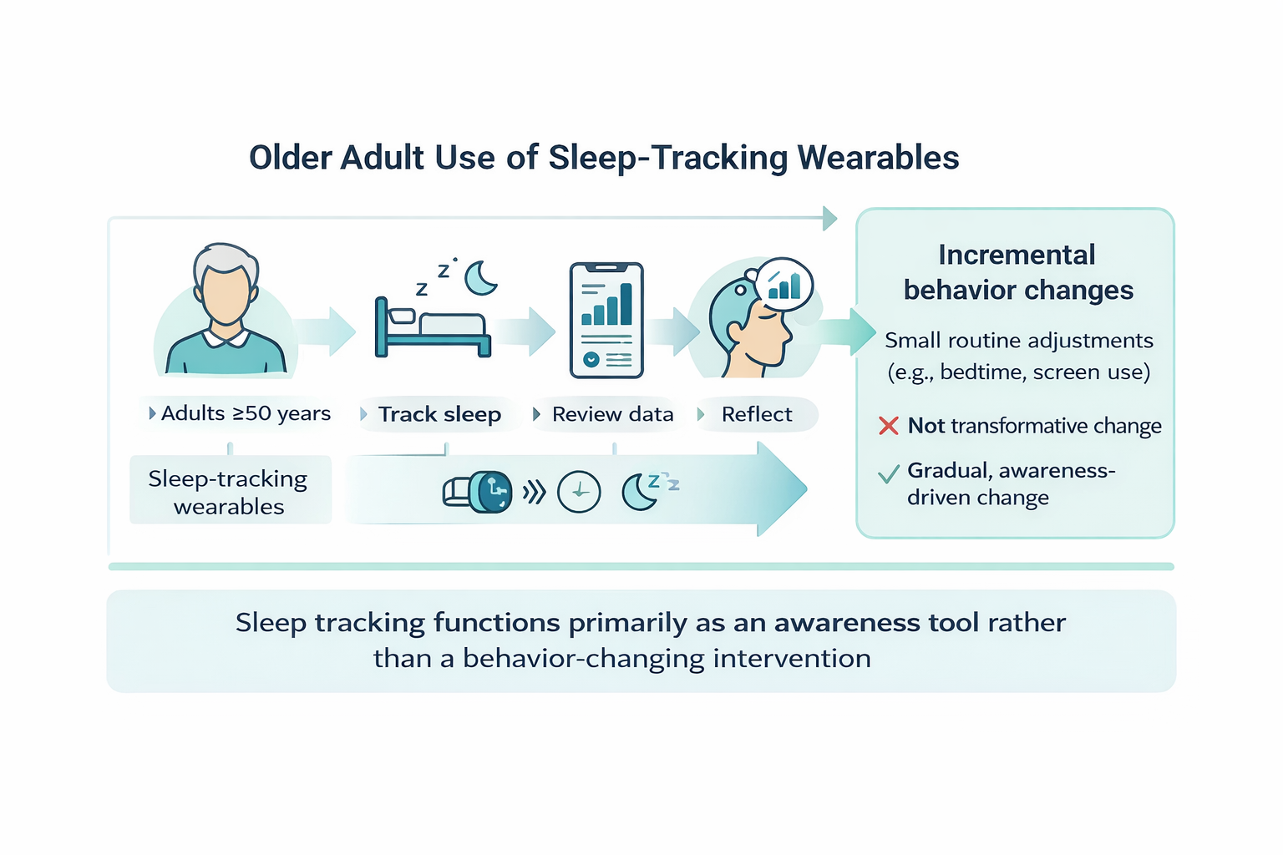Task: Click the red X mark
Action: point(889,426)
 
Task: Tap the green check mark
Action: point(889,473)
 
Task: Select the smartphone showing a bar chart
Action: point(606,320)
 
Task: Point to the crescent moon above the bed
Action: point(479,278)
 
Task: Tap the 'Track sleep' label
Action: point(439,414)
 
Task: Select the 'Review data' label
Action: point(612,414)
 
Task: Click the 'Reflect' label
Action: point(757,414)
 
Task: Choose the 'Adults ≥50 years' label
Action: point(246,413)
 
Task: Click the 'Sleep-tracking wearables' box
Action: point(231,490)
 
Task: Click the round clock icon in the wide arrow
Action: point(579,491)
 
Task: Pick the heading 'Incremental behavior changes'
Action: point(1017,272)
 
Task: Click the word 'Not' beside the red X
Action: point(925,426)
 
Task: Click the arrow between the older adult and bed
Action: point(327,331)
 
